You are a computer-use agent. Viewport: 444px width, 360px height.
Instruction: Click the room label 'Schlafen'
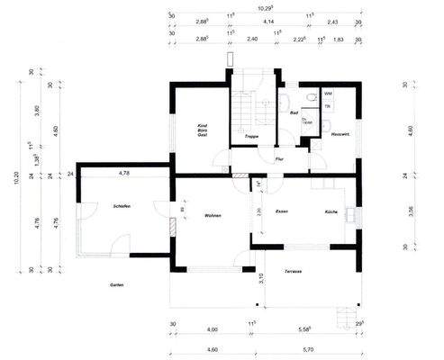point(122,206)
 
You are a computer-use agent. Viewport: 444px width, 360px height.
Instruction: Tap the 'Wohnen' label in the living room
point(213,216)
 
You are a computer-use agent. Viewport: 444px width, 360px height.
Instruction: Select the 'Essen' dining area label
point(281,211)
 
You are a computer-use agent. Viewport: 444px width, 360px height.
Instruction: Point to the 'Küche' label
point(331,211)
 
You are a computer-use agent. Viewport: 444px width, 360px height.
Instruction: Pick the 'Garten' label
point(117,284)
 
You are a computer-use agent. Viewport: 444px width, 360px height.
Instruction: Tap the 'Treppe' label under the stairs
point(252,136)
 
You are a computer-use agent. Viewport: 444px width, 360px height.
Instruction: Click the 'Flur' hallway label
point(279,158)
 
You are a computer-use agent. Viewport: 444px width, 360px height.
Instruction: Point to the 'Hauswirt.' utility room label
point(340,134)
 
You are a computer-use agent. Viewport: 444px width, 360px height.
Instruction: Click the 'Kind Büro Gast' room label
point(203,132)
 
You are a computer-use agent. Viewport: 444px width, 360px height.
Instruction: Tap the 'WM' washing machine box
point(329,94)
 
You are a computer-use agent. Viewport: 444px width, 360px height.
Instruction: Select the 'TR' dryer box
point(328,105)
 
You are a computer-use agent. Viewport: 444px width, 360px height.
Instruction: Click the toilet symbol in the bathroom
point(310,97)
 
